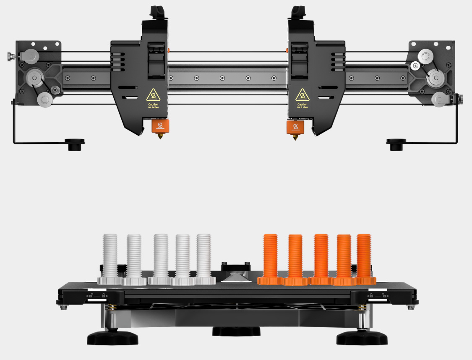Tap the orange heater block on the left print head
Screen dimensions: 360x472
click(159, 126)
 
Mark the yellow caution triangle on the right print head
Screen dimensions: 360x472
click(302, 95)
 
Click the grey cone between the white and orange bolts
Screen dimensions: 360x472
click(235, 276)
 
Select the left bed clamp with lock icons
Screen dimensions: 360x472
click(96, 296)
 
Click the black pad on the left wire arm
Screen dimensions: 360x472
click(74, 143)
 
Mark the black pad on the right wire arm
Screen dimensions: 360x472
click(396, 143)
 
